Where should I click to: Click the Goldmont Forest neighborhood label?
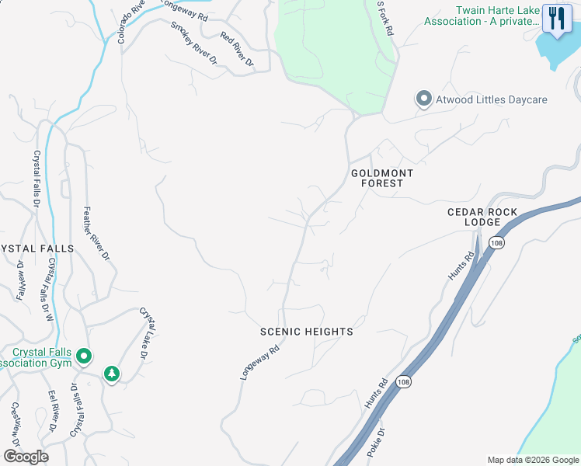tap(382, 178)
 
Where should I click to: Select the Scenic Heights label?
tap(307, 332)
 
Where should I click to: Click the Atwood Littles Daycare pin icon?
tap(423, 100)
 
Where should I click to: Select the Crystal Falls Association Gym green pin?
tap(84, 357)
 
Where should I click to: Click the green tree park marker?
tap(113, 375)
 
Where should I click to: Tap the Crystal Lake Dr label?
tap(144, 332)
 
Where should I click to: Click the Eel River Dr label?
tap(53, 412)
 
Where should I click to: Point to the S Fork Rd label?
tap(385, 17)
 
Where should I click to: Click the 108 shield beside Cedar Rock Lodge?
tap(495, 243)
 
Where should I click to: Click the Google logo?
tap(26, 457)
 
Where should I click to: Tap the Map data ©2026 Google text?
tap(532, 460)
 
